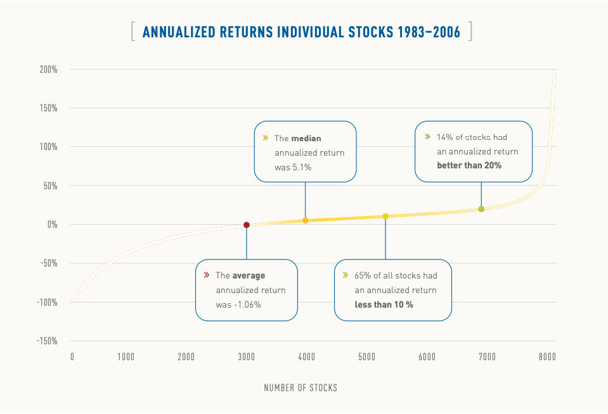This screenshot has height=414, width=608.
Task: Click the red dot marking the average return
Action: [x=247, y=225]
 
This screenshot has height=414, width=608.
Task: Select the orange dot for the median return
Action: [x=305, y=220]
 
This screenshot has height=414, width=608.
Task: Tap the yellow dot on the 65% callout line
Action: [x=385, y=216]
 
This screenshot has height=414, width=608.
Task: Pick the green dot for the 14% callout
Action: [x=481, y=209]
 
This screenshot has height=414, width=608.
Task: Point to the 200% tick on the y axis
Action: [x=49, y=69]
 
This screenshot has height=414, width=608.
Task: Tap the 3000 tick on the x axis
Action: [x=246, y=357]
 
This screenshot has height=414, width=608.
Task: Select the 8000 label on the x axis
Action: [x=547, y=357]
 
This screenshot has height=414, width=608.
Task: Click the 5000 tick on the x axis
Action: [x=366, y=357]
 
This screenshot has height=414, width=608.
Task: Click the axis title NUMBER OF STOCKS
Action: [x=301, y=387]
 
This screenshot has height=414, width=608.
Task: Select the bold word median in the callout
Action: [x=307, y=138]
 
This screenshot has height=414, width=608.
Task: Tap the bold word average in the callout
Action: [x=249, y=275]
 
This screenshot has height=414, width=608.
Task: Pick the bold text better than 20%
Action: [x=469, y=165]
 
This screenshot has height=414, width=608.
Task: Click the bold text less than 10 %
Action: [x=384, y=304]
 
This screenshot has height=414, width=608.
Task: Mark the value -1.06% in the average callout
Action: [x=247, y=304]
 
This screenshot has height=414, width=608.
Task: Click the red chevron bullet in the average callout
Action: [x=207, y=275]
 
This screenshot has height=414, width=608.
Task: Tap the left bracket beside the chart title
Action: [x=133, y=32]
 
